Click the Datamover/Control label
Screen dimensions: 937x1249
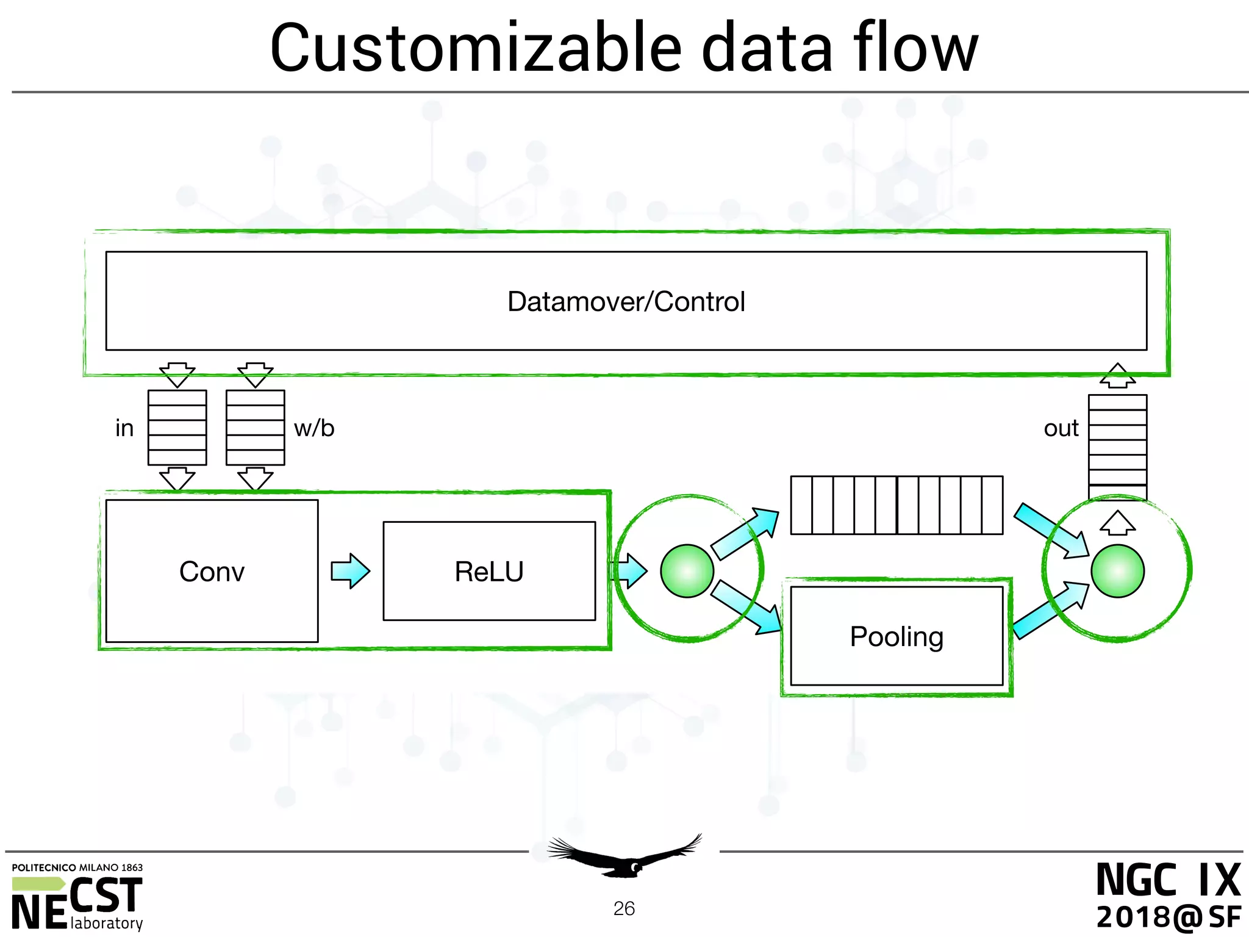pyautogui.click(x=626, y=301)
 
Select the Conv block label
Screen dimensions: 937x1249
pyautogui.click(x=212, y=572)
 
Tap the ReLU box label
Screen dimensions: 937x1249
pyautogui.click(x=489, y=572)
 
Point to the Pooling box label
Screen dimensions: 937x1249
pyautogui.click(x=896, y=636)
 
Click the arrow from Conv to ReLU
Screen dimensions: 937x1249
pyautogui.click(x=350, y=571)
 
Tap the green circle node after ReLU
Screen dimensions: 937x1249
pyautogui.click(x=687, y=571)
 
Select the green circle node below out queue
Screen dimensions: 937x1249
pyautogui.click(x=1117, y=571)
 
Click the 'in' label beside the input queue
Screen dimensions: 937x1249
pyautogui.click(x=124, y=428)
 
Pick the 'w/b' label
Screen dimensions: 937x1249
pyautogui.click(x=314, y=428)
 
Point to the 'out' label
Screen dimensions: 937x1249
pyautogui.click(x=1061, y=428)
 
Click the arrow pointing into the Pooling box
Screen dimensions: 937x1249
pyautogui.click(x=747, y=608)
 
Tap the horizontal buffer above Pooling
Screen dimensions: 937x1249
pyautogui.click(x=896, y=505)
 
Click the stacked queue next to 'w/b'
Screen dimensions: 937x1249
pyautogui.click(x=255, y=428)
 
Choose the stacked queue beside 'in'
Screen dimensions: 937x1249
pyautogui.click(x=177, y=428)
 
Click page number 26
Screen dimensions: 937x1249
pyautogui.click(x=624, y=908)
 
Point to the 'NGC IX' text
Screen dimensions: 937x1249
pyautogui.click(x=1168, y=880)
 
